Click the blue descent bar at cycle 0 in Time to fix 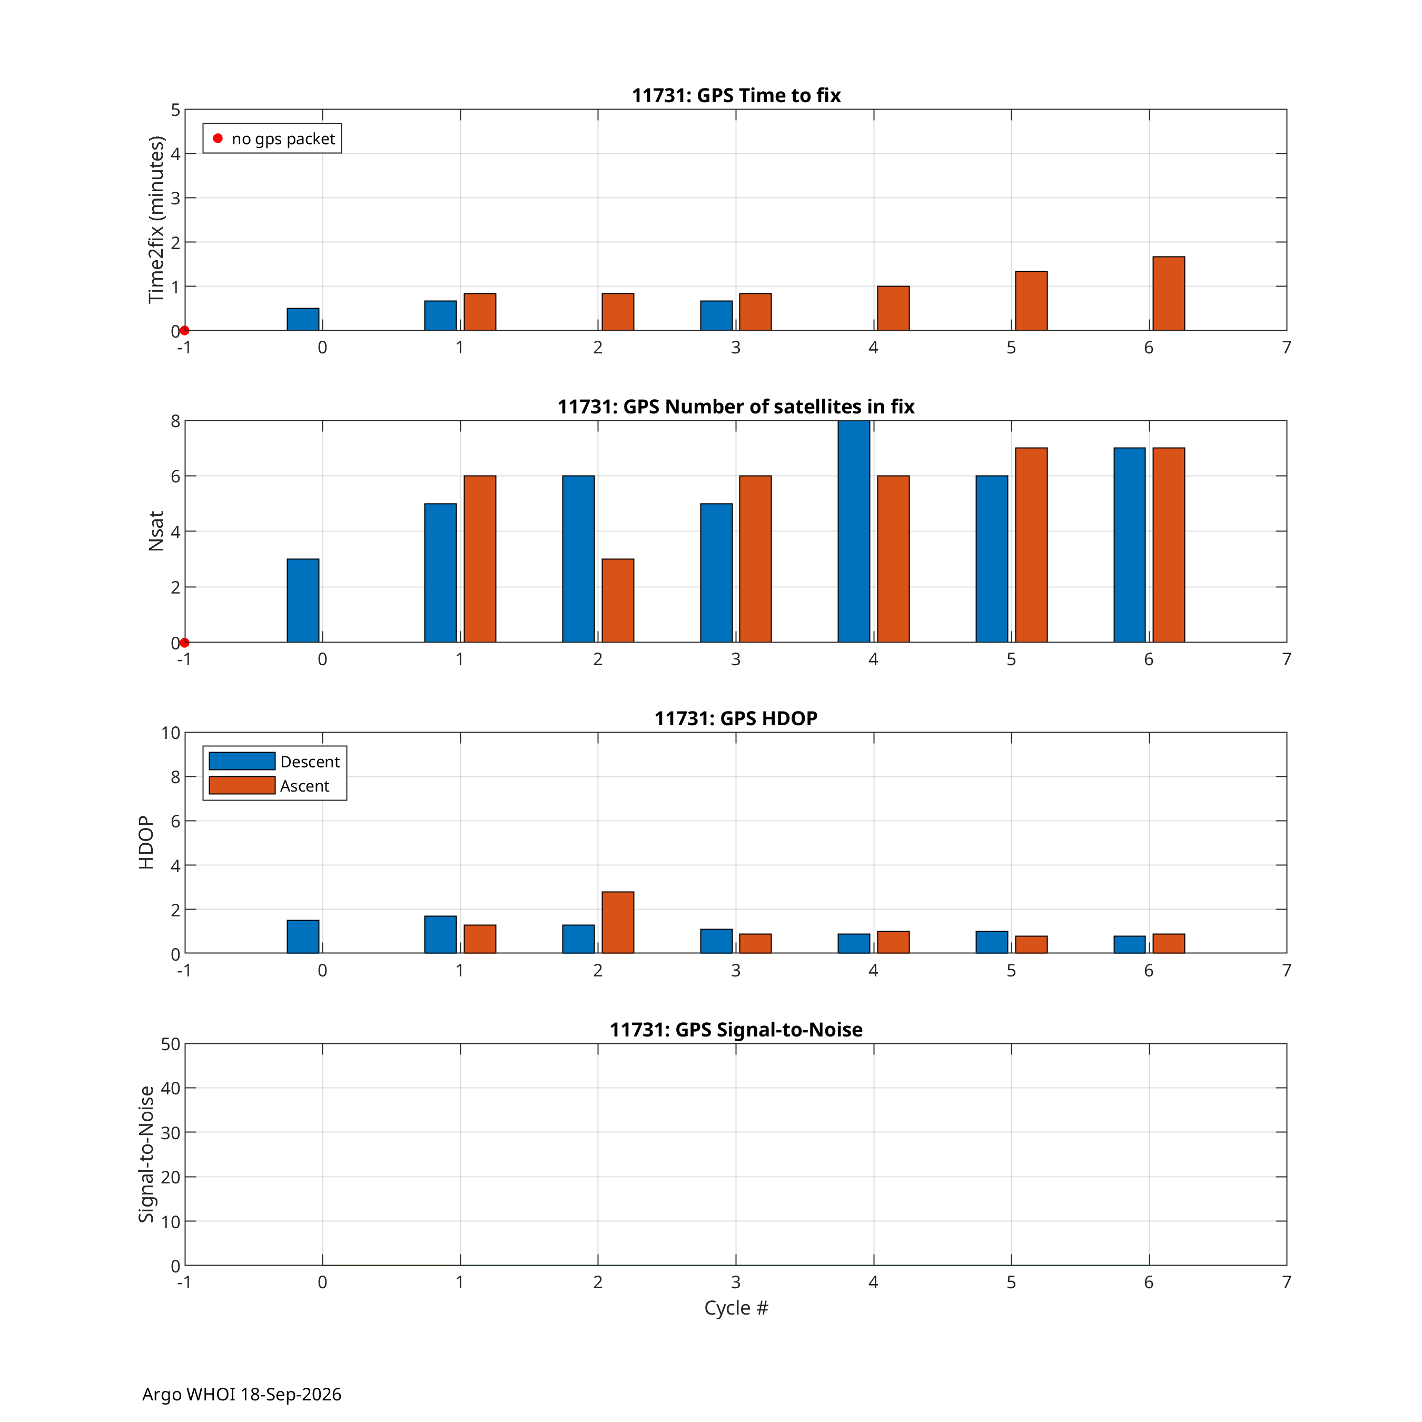coord(302,320)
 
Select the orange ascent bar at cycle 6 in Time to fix coord(1169,294)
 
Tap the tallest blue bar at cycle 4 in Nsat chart coord(854,531)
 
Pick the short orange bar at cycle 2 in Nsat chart coord(618,600)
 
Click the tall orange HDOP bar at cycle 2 coord(618,922)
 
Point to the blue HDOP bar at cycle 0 coord(302,937)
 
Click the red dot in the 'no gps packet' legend coord(218,139)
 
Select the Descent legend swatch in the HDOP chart coord(242,761)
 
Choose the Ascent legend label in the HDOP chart coord(305,786)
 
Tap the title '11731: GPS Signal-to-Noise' coord(736,1030)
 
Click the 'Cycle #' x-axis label coord(736,1308)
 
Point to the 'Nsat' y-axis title coord(155,531)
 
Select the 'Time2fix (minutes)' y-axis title coord(155,219)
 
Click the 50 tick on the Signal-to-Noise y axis coord(171,1044)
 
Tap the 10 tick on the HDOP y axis coord(171,733)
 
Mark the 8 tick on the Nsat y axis coord(175,421)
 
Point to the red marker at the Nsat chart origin coord(185,643)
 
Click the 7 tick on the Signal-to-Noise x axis coord(1287,1282)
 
